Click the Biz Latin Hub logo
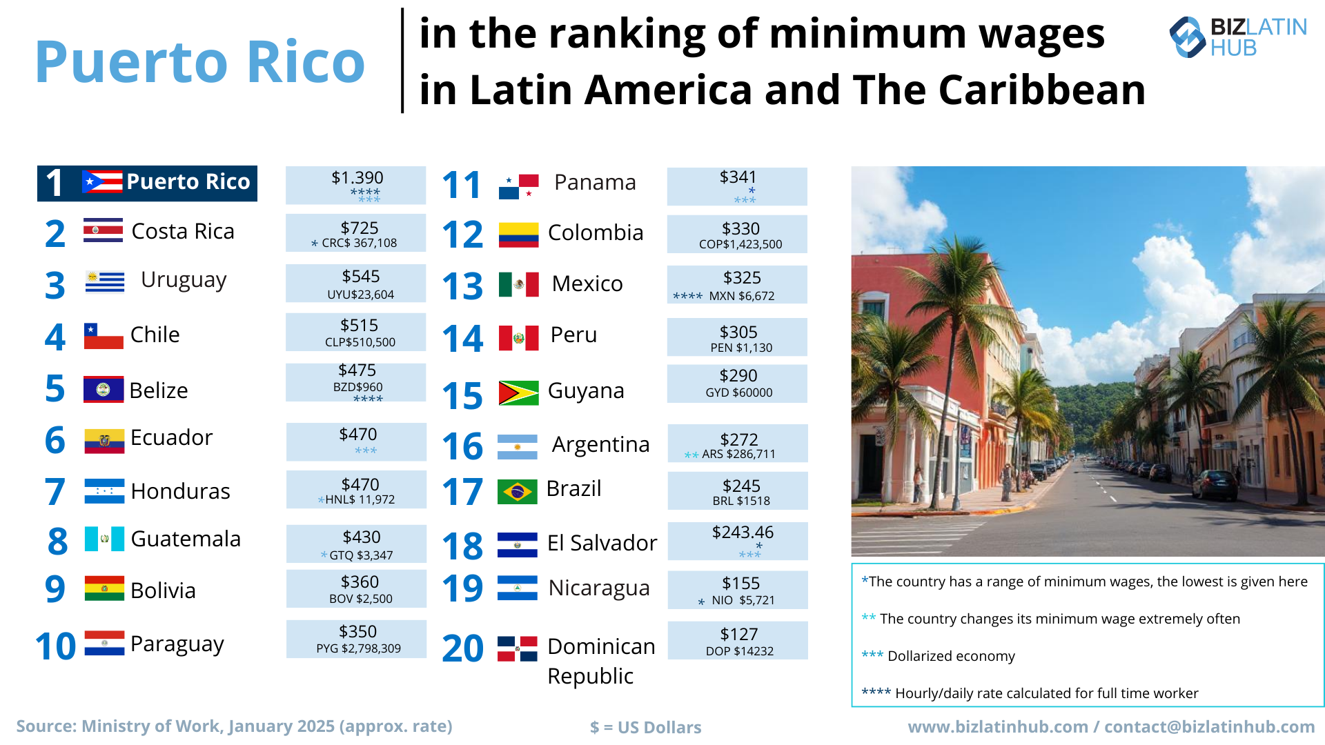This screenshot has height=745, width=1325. [1237, 37]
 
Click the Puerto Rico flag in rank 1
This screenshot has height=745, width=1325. [102, 182]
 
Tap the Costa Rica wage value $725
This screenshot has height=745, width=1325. [359, 228]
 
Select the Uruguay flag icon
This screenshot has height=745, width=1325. [104, 281]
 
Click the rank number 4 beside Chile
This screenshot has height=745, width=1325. [55, 337]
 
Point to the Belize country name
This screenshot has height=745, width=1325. [159, 390]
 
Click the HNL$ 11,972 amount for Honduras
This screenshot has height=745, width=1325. [360, 499]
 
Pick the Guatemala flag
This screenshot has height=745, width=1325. [104, 539]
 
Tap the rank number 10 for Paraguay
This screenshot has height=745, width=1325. [55, 646]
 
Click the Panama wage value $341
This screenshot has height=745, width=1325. [738, 177]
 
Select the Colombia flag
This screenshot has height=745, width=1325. [518, 235]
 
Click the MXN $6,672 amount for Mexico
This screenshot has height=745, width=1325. [741, 296]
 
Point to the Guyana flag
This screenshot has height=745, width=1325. [518, 393]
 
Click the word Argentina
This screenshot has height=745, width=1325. [600, 445]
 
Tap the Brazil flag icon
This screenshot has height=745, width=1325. [517, 492]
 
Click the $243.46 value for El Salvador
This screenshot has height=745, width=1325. [743, 533]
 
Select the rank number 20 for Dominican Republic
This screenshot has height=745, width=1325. [462, 648]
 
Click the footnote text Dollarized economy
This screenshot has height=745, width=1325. [950, 656]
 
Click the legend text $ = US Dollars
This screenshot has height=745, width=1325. [645, 727]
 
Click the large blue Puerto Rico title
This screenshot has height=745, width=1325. [200, 62]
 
